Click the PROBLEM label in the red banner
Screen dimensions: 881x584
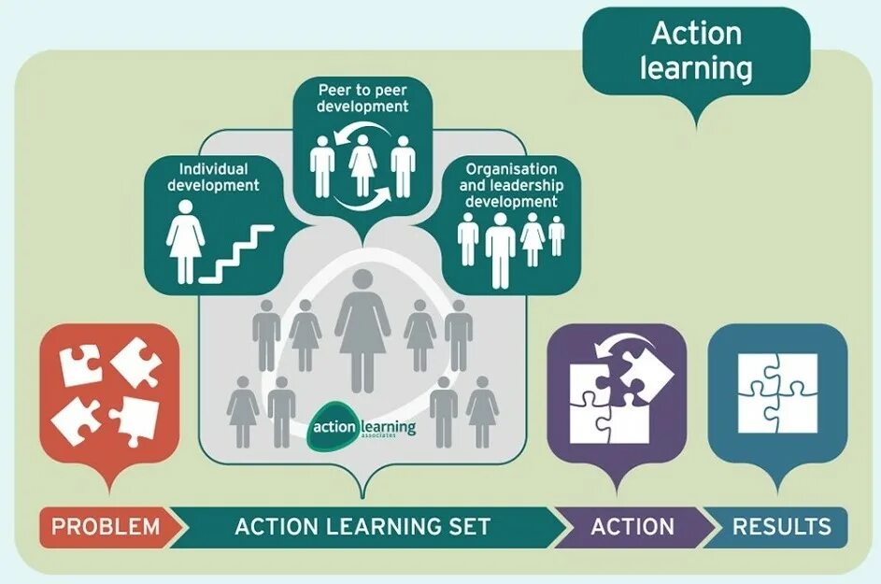coord(106,526)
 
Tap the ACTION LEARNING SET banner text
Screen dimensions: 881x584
coord(362,526)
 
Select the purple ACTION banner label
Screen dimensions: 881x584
coord(632,526)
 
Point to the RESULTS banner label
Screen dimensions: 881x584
coord(781,526)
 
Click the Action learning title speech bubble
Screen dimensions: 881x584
coord(696,51)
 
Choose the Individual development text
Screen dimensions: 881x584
coord(213,177)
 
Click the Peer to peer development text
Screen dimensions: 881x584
coord(362,99)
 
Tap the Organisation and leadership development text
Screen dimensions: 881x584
coord(511,185)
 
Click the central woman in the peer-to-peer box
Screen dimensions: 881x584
coord(362,165)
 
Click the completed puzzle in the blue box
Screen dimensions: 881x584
coord(777,392)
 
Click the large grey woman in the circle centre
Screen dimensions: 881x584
coord(362,336)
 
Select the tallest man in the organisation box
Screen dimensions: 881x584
coord(500,248)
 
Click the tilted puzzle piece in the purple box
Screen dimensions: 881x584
coord(644,371)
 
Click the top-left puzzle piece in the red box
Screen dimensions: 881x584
coord(81,363)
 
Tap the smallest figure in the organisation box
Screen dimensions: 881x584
coord(557,235)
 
